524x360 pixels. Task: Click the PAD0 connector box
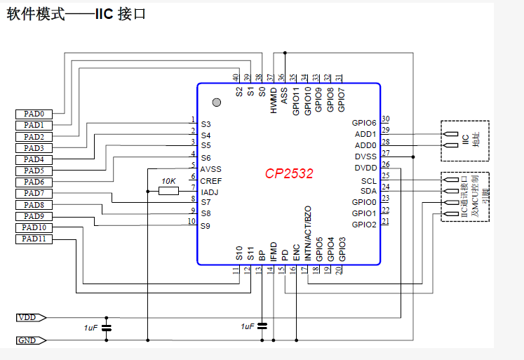33,114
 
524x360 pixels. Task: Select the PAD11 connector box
34,239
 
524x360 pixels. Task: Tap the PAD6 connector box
33,182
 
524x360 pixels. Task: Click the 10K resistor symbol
168,189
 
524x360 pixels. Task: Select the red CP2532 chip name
289,173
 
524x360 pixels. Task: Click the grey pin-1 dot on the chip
217,102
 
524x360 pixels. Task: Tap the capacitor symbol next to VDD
107,328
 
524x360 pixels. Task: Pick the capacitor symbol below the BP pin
262,326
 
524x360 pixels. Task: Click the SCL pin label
368,180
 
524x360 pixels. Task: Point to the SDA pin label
368,191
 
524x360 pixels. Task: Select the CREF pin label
211,181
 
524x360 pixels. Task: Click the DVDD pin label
365,168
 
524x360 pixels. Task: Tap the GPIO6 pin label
364,123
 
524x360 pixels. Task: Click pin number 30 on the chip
386,119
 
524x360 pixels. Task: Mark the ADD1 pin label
365,134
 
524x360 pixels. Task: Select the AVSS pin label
210,169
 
